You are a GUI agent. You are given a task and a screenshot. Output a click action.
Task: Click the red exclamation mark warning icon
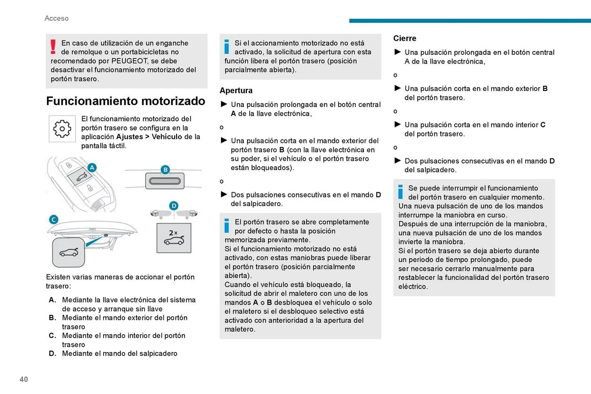pos(53,47)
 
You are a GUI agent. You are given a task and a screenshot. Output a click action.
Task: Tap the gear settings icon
pos(62,129)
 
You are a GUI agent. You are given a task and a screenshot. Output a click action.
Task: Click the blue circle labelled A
pos(92,168)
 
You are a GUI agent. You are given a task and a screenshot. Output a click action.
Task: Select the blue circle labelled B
pos(165,169)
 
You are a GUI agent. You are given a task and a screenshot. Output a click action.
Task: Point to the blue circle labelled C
pos(54,220)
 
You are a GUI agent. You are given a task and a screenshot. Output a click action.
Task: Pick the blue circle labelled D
pos(174,206)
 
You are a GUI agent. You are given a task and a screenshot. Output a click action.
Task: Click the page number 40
pos(24,379)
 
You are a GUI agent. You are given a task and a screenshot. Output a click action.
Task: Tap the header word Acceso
pos(57,18)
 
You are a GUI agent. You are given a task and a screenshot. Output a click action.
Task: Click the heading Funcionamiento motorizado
pos(126,101)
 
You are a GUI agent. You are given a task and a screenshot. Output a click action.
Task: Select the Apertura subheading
pos(236,90)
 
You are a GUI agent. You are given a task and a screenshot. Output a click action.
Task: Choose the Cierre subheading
pos(405,38)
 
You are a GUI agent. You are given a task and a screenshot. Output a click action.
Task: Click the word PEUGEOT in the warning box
pos(130,61)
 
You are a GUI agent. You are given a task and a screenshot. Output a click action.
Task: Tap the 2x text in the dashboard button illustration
pos(173,233)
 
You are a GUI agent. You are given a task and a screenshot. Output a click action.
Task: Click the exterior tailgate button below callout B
pos(165,181)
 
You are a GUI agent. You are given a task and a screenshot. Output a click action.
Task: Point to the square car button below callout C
pos(69,252)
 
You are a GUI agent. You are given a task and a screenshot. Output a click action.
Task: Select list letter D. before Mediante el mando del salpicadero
pos(52,354)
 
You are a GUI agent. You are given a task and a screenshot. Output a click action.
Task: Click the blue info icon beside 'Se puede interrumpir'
pos(400,192)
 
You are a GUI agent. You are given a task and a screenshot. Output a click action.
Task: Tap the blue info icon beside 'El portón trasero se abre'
pos(227,226)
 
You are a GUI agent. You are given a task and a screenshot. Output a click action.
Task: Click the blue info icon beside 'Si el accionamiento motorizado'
pos(227,47)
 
